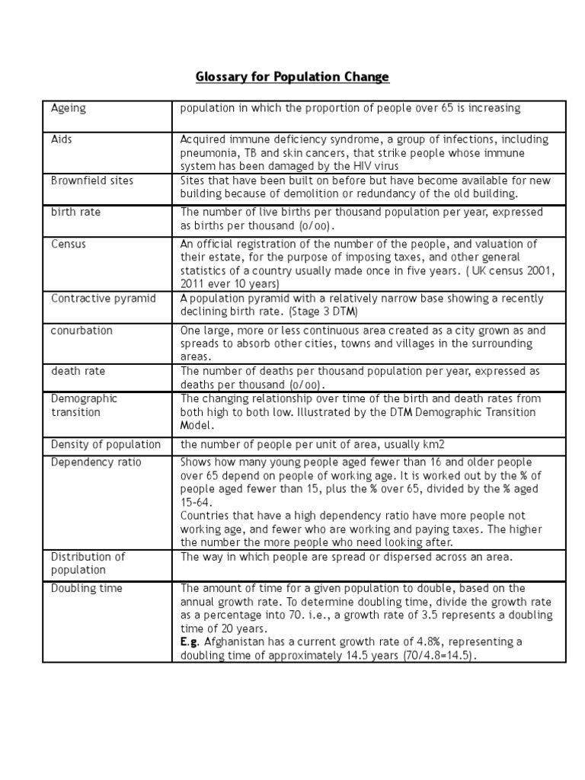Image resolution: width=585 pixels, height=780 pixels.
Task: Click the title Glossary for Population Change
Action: point(292,77)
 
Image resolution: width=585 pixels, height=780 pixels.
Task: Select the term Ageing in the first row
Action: point(69,108)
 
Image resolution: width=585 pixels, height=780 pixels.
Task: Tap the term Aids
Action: point(62,139)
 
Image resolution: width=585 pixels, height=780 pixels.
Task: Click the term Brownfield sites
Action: point(91,181)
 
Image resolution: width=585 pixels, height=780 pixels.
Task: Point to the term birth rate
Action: point(75,213)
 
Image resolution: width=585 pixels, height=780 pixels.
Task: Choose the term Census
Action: point(69,244)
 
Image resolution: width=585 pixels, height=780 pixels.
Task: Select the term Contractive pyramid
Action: point(103,298)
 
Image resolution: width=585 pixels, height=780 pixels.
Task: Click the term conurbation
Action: point(82,331)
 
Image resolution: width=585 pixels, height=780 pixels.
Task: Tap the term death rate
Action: point(78,371)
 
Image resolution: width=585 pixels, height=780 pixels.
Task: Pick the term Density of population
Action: point(106,444)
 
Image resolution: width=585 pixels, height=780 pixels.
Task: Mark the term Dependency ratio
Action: point(96,462)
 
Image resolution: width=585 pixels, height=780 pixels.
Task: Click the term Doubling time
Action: point(86,588)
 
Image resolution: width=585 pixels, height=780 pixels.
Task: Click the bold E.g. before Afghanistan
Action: point(190,642)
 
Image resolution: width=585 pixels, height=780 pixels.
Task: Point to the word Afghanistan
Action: point(235,642)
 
